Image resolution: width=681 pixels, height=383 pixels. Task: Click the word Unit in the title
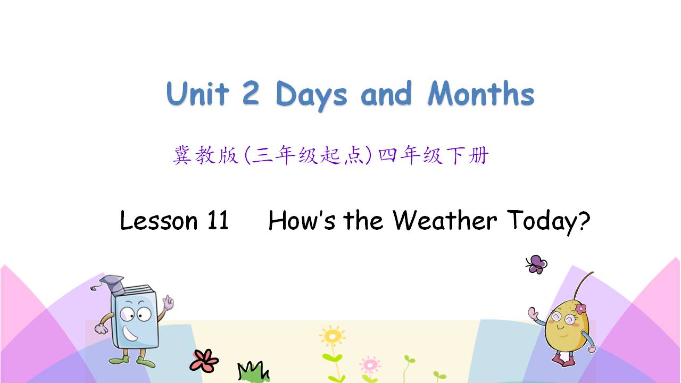point(197,93)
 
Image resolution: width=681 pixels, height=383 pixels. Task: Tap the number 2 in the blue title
point(251,93)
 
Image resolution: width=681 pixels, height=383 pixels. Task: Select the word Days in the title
point(311,96)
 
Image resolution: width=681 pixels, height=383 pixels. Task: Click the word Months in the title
point(481,93)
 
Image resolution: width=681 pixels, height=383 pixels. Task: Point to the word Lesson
point(159,220)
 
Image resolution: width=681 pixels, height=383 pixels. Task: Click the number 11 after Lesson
point(218,220)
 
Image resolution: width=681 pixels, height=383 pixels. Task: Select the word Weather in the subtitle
point(444,220)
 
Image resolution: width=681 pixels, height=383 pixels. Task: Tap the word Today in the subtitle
point(543,222)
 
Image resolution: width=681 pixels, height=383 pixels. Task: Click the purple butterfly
point(537,264)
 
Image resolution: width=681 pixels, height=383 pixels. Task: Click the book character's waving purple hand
point(168,302)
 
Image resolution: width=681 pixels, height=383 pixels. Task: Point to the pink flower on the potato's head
point(580,309)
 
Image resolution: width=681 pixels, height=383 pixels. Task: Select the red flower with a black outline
point(204,361)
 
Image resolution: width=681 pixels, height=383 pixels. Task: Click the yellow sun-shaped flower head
point(333,336)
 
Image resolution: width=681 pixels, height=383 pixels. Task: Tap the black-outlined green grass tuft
point(254,371)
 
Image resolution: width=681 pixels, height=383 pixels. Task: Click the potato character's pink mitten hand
point(533,313)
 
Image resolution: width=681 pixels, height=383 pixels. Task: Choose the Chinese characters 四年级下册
point(434,155)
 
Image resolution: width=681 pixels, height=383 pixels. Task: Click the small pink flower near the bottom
point(370,364)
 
